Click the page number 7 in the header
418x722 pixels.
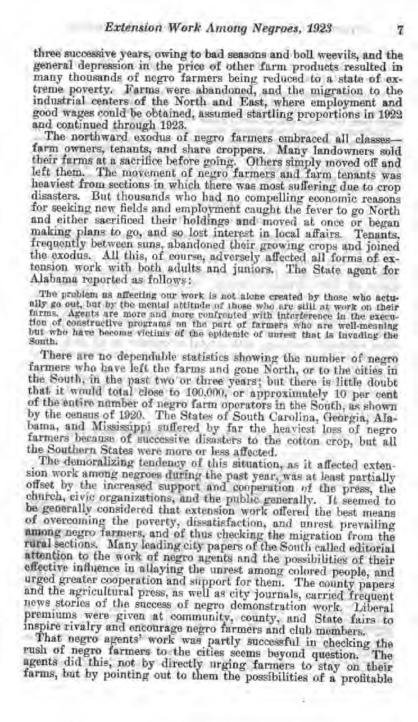(400, 30)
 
